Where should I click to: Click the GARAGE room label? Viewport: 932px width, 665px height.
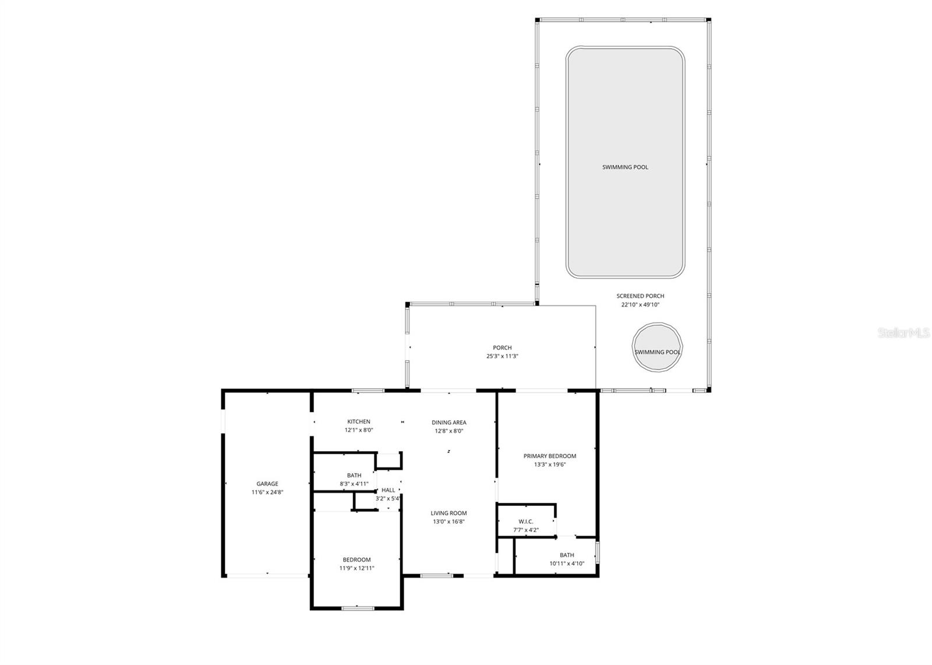point(267,484)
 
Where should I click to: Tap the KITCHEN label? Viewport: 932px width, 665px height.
point(359,422)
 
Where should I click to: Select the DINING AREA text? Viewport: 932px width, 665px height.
point(449,423)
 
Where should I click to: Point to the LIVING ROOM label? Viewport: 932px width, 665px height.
point(449,513)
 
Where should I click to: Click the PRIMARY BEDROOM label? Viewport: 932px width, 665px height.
point(550,456)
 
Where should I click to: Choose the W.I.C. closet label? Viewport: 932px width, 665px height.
point(525,522)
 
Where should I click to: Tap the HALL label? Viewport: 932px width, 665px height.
point(388,490)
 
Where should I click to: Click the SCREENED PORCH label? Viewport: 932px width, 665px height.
point(640,296)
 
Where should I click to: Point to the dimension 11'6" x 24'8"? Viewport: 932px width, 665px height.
point(267,492)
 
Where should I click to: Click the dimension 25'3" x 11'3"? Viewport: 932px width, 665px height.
point(502,356)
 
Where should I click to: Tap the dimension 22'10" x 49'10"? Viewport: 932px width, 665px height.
point(640,305)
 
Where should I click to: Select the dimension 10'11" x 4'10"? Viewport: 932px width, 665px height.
point(567,564)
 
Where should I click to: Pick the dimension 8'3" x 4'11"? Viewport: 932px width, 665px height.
point(354,484)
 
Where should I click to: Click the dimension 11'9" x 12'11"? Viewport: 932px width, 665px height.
point(356,568)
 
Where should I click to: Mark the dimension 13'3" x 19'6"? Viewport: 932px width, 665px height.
point(550,465)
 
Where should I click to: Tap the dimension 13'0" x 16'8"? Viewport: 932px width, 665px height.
point(449,522)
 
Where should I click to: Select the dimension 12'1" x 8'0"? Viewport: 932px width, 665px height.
point(359,431)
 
